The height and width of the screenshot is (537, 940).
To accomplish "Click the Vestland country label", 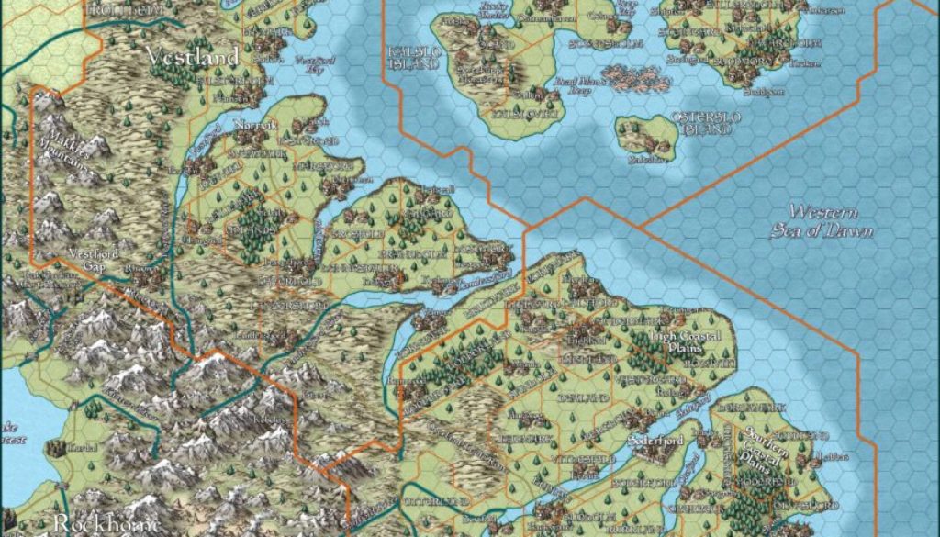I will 195,58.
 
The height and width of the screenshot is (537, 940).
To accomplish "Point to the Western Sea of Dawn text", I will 822,220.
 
